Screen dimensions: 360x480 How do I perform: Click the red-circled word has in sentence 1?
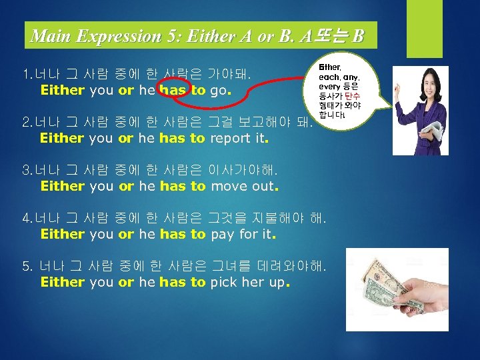pos(173,90)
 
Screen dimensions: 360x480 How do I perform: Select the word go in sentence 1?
pos(218,90)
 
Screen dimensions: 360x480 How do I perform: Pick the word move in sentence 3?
pos(228,186)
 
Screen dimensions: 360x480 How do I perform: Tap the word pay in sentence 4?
pos(221,234)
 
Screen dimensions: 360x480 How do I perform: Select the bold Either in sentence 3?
pos(62,186)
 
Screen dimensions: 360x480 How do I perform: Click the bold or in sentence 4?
pos(126,234)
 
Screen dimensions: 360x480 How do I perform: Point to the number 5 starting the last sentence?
pos(26,267)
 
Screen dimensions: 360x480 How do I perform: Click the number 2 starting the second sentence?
pos(26,123)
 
